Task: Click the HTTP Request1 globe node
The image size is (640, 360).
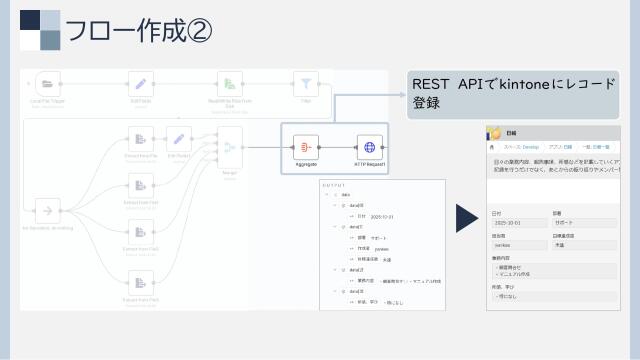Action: (x=370, y=148)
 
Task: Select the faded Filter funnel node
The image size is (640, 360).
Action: (x=305, y=84)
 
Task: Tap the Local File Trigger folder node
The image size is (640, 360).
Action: (x=49, y=84)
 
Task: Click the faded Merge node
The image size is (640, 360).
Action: (x=229, y=148)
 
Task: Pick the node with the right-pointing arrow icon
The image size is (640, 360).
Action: (x=45, y=211)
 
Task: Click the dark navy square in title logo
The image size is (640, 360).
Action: (x=32, y=21)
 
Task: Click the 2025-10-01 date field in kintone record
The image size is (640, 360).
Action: (x=511, y=224)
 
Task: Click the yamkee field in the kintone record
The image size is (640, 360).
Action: (x=506, y=244)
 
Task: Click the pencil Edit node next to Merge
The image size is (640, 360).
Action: (x=178, y=139)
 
